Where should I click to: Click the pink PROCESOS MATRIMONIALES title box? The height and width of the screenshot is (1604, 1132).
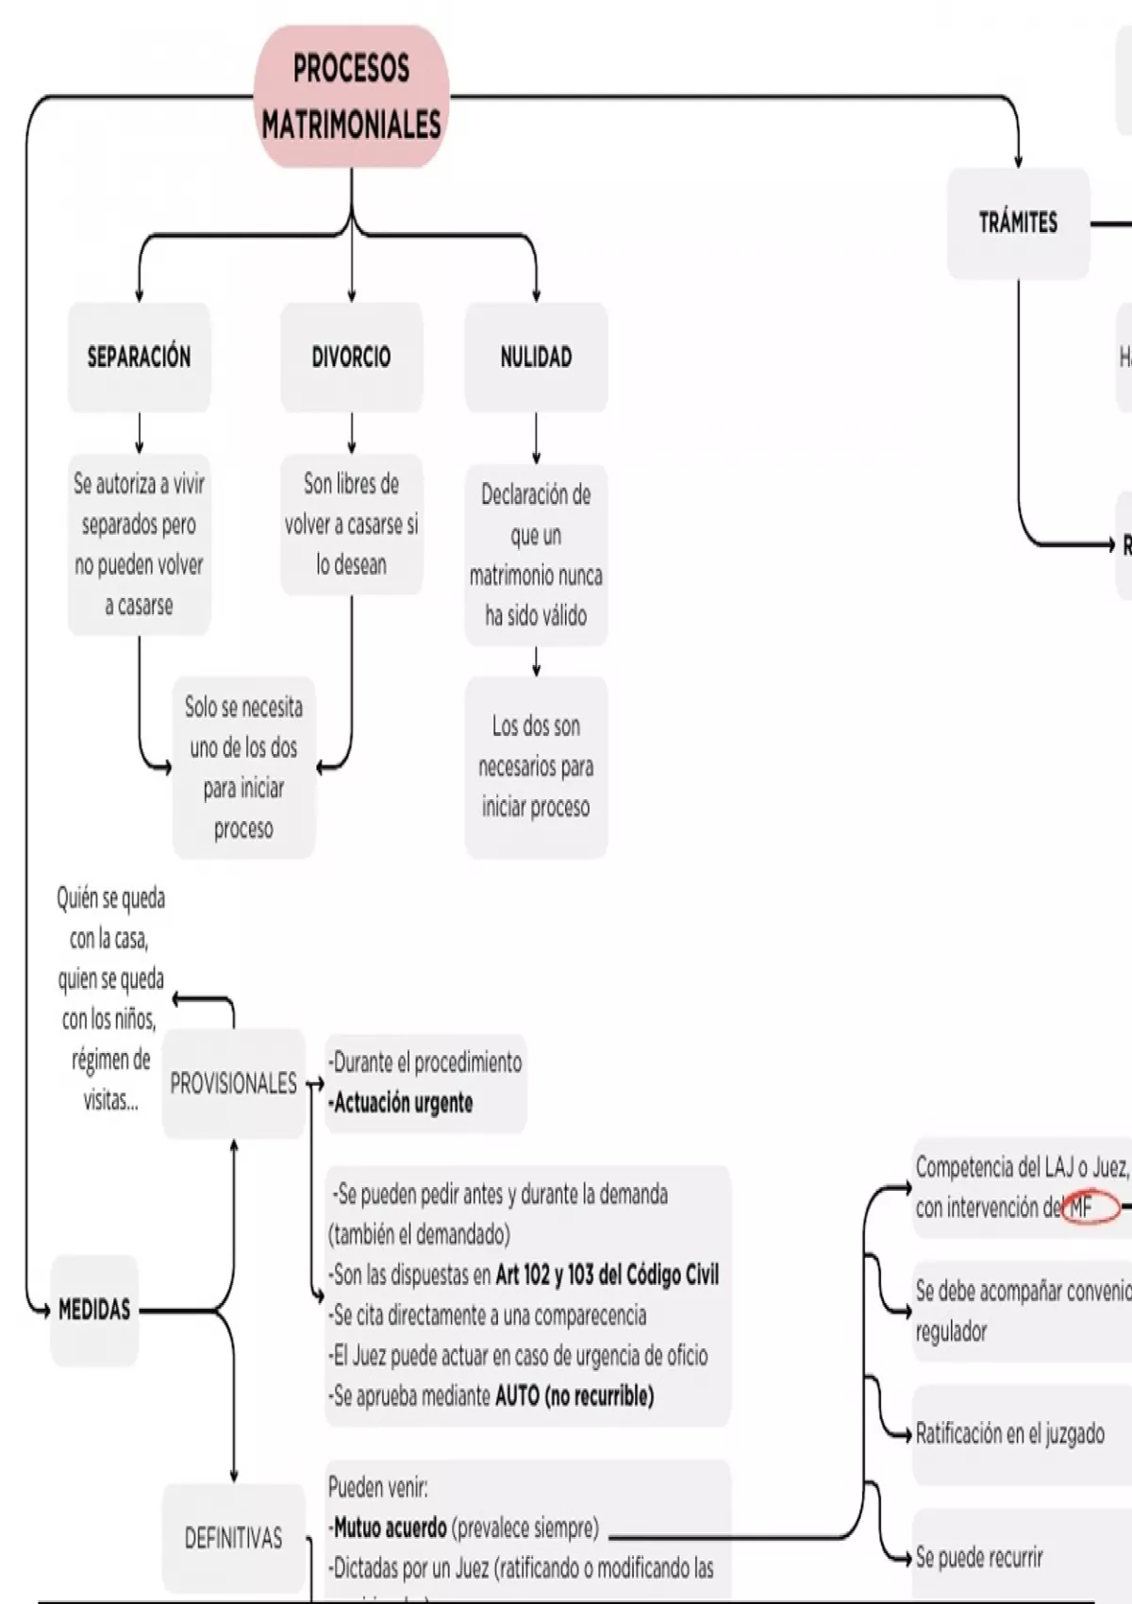click(351, 96)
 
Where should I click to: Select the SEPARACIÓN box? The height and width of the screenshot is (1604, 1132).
click(139, 357)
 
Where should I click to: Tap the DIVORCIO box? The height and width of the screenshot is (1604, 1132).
click(351, 357)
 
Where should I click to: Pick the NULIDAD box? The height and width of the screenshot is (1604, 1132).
click(536, 357)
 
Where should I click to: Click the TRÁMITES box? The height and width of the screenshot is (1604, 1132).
click(1018, 223)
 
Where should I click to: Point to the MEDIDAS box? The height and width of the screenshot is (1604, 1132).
click(94, 1310)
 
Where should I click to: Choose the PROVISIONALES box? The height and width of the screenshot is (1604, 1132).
click(233, 1083)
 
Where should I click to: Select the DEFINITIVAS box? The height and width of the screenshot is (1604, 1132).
click(233, 1538)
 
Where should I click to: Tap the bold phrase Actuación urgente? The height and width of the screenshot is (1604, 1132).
click(404, 1103)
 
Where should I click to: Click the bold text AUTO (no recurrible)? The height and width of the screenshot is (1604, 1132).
click(574, 1395)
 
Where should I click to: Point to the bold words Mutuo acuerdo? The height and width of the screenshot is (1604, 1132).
click(391, 1528)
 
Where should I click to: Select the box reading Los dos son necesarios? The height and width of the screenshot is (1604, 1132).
click(536, 766)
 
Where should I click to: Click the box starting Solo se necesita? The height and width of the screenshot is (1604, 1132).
click(243, 767)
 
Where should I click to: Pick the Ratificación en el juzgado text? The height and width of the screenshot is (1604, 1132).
click(1010, 1434)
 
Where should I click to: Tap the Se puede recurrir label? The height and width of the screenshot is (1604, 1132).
click(980, 1557)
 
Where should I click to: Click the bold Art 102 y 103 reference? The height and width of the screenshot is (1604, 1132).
click(607, 1275)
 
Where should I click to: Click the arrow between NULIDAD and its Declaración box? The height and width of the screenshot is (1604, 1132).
click(536, 438)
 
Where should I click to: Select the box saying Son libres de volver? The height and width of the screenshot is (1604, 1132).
click(351, 524)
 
